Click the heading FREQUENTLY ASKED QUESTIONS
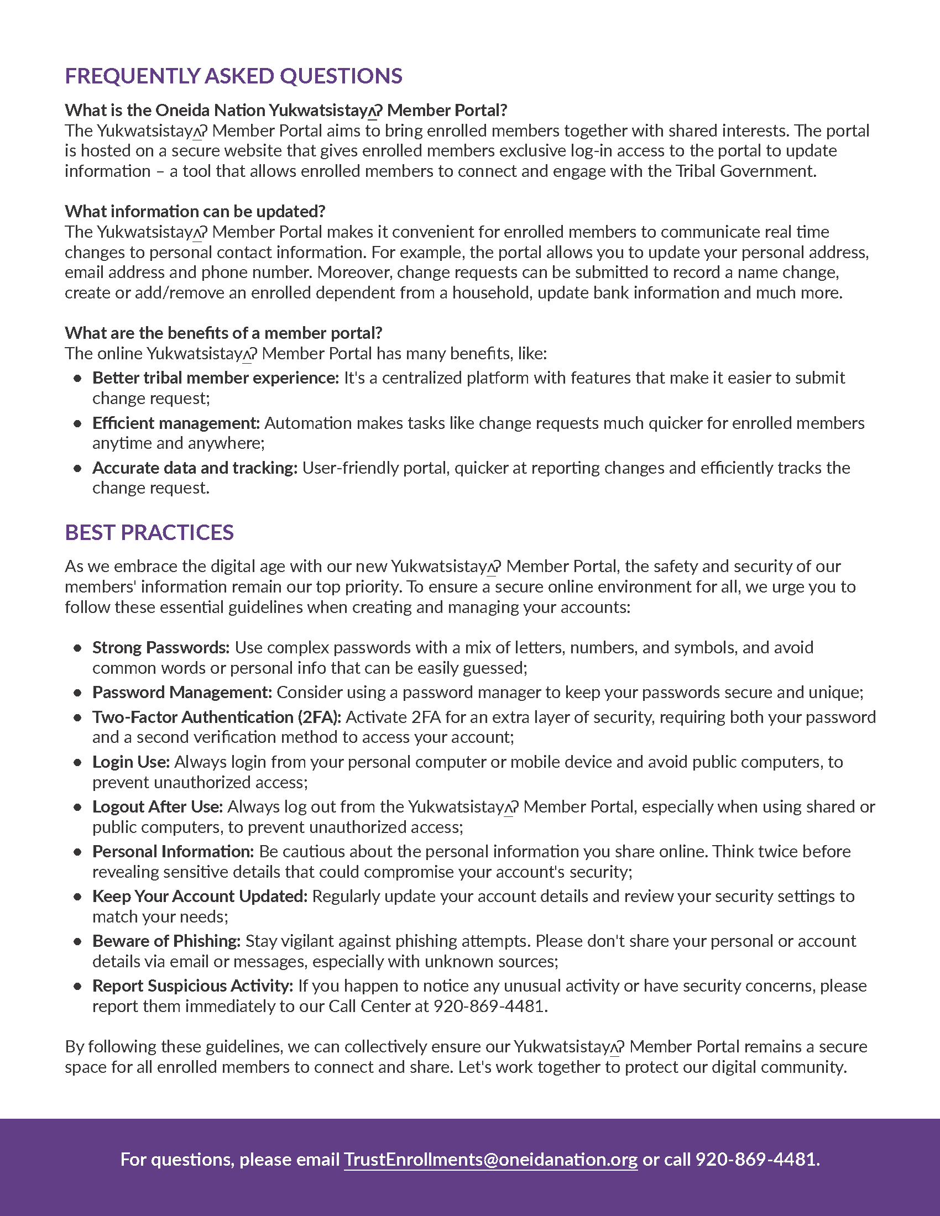[x=233, y=76]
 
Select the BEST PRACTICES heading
[x=149, y=533]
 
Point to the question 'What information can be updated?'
[x=195, y=212]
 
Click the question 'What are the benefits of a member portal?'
[x=223, y=333]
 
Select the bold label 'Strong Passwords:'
[x=161, y=648]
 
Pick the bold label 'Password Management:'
[x=182, y=692]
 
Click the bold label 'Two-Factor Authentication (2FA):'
[x=217, y=717]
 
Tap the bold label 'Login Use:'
[x=131, y=762]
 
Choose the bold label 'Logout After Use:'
[x=158, y=807]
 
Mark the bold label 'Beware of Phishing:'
[x=166, y=941]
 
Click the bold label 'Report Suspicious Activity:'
[x=192, y=986]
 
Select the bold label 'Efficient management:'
[x=176, y=423]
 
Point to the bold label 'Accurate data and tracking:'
[x=195, y=468]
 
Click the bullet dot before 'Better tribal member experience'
[x=77, y=379]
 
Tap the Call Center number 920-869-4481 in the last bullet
[x=488, y=1006]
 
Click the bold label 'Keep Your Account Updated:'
[x=200, y=896]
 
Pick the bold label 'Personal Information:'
[x=173, y=851]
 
